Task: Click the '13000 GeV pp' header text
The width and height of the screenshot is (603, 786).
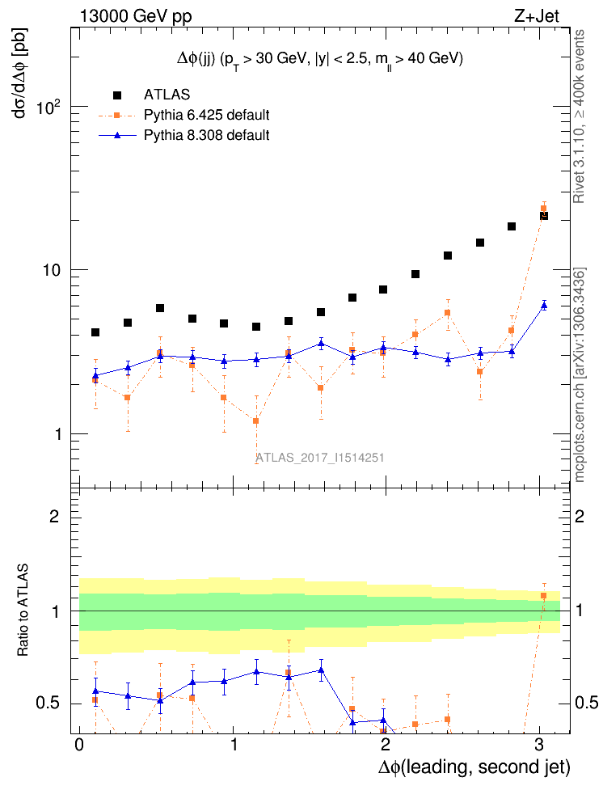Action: [136, 15]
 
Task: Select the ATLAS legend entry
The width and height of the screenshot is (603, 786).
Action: [172, 95]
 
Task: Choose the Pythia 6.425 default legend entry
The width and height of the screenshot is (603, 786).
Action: [206, 115]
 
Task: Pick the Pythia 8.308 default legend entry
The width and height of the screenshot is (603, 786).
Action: [206, 135]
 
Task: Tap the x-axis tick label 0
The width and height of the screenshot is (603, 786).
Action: [79, 743]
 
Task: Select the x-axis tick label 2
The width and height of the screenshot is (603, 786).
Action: [386, 743]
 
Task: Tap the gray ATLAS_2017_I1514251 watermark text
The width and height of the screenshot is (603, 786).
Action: [320, 458]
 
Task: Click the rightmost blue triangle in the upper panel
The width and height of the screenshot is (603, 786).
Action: [544, 305]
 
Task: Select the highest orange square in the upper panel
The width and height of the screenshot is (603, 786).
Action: [543, 209]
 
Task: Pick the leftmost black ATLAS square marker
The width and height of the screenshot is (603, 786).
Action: [95, 332]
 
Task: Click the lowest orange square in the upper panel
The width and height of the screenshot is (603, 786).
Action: [256, 421]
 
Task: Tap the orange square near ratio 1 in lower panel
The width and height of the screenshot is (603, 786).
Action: [543, 596]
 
